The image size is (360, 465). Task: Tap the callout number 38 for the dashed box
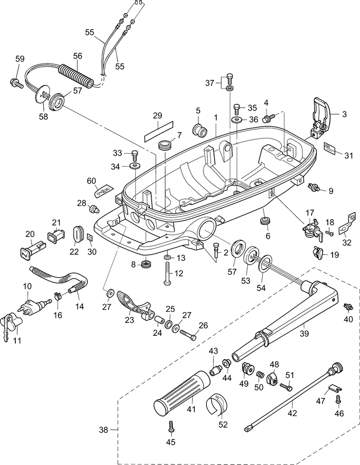[103, 429]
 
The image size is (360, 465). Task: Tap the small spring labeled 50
[260, 375]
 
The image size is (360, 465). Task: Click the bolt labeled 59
[17, 83]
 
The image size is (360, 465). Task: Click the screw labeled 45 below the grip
[171, 426]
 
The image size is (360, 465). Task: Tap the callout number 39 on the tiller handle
[304, 333]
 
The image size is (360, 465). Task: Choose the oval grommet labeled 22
[79, 235]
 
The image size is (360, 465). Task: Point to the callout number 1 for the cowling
[216, 117]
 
